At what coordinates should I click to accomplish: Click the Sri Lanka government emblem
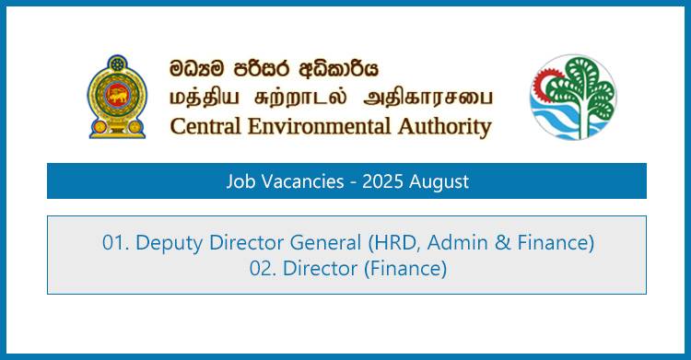116,96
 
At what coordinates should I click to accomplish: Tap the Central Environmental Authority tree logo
572,96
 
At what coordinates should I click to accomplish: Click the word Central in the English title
205,126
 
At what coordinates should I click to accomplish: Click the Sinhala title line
274,69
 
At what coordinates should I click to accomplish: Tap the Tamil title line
330,97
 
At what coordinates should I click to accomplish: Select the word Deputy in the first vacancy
167,244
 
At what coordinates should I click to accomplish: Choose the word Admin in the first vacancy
452,243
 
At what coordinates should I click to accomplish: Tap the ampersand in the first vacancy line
497,243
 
